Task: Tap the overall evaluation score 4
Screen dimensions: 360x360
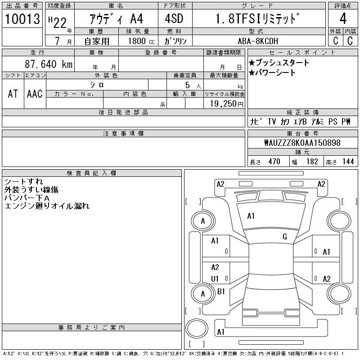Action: [343, 19]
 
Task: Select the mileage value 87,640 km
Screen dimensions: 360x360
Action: [48, 64]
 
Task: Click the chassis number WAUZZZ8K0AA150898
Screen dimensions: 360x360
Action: [302, 143]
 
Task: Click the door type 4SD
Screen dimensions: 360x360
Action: [170, 19]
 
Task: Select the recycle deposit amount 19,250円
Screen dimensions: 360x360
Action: [224, 103]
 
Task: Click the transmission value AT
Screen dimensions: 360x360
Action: [13, 94]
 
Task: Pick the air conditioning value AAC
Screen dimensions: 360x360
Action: [35, 94]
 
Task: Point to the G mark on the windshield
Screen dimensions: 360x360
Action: [285, 237]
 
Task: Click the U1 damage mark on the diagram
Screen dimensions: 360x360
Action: [215, 279]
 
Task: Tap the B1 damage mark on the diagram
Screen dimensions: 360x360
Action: [221, 292]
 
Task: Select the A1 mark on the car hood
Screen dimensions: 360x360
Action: [251, 216]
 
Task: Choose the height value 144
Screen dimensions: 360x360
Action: [348, 162]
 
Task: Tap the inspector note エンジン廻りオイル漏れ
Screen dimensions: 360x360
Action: [47, 206]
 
